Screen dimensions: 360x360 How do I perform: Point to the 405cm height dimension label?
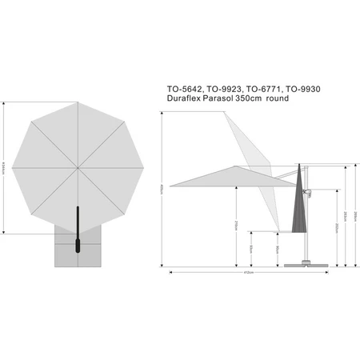click(x=163, y=190)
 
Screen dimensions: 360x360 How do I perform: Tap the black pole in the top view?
click(x=78, y=232)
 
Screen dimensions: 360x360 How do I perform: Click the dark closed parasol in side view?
click(x=299, y=208)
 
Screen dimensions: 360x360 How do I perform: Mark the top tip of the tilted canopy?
click(x=226, y=112)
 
